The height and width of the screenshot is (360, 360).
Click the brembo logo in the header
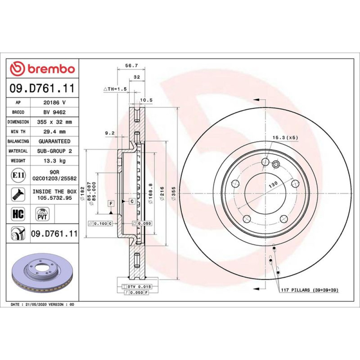[x=42, y=68]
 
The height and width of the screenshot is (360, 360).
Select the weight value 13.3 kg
[x=55, y=161]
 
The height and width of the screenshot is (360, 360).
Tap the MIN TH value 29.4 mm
[x=55, y=131]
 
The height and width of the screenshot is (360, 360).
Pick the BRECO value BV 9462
[x=55, y=112]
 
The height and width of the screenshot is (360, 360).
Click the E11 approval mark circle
[x=18, y=175]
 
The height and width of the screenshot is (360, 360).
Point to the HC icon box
[x=18, y=214]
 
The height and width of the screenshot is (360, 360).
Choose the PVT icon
[x=42, y=214]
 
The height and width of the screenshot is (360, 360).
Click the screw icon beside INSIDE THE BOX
[x=18, y=194]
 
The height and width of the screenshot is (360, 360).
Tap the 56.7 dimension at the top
[x=131, y=66]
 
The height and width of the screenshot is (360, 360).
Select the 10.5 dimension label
[x=146, y=100]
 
